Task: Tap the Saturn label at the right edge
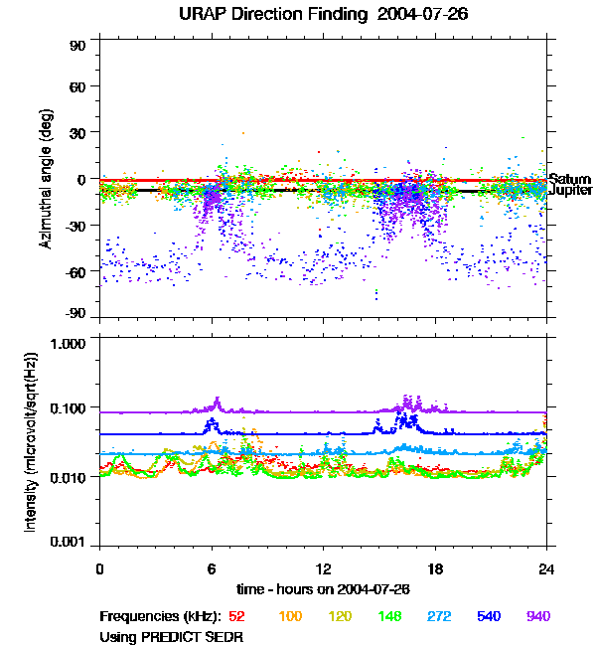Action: [x=569, y=179]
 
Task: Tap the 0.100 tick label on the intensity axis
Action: [x=67, y=408]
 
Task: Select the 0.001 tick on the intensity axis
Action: [x=67, y=543]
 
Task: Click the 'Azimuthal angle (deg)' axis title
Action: [x=46, y=179]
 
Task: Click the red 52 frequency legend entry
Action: [x=236, y=616]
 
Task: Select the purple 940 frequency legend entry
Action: [x=537, y=616]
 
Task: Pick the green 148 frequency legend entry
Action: [x=389, y=616]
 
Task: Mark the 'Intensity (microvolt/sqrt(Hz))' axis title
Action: [x=31, y=442]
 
